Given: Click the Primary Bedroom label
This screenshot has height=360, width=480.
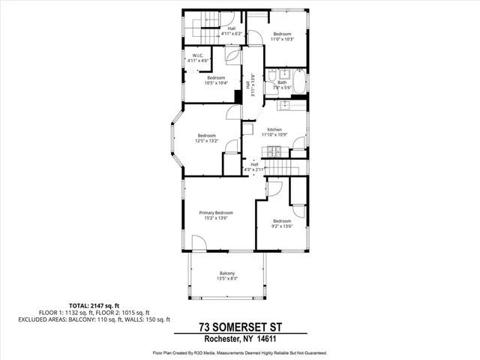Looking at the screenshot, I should coord(216,213).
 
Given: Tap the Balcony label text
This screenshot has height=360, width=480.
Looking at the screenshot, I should coord(227,273).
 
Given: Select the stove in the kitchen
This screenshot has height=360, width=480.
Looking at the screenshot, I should coord(275,151).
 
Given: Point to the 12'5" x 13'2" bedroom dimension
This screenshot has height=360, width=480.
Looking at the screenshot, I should coord(205,140).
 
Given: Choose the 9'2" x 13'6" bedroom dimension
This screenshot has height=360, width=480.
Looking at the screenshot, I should coord(282,226).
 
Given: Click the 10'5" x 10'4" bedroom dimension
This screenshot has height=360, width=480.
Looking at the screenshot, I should coord(216,82).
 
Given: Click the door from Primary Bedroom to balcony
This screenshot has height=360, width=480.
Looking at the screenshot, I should coord(200,244).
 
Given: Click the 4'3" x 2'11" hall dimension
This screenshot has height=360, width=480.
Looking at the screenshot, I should coord(254,169).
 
